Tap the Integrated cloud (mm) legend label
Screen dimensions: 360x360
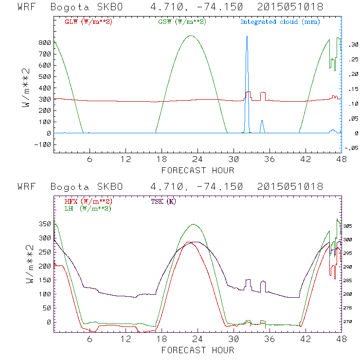click(x=280, y=22)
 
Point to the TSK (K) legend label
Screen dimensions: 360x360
click(x=163, y=201)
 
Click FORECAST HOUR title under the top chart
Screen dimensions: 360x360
click(x=198, y=170)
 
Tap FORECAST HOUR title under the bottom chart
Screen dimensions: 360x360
click(x=198, y=350)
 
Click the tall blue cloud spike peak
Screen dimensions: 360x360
click(x=247, y=36)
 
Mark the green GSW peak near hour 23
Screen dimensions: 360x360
click(x=191, y=36)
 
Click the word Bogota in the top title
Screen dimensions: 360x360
click(x=68, y=8)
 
